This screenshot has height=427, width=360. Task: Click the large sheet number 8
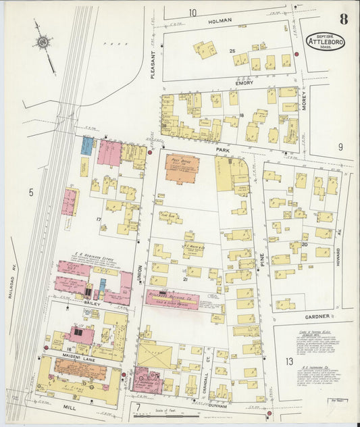pyautogui.click(x=344, y=18)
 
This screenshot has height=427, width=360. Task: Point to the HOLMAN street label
pyautogui.click(x=220, y=21)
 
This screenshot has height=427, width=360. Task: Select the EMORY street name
pyautogui.click(x=244, y=83)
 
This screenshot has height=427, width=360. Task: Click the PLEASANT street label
pyautogui.click(x=153, y=66)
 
